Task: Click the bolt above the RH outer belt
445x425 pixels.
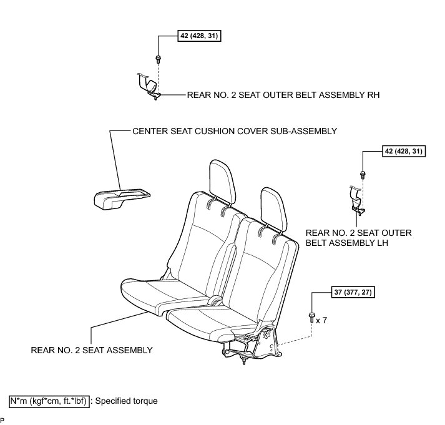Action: tap(159, 59)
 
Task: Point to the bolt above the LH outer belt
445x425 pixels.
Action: tap(363, 174)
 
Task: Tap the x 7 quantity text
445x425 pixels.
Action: tap(322, 320)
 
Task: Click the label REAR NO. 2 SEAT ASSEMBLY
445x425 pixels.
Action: tap(91, 349)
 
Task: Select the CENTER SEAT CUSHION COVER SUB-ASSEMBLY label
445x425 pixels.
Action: tap(235, 131)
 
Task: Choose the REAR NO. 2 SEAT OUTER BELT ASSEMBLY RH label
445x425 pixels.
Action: tap(283, 95)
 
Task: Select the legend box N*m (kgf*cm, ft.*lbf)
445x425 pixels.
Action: tap(49, 401)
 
